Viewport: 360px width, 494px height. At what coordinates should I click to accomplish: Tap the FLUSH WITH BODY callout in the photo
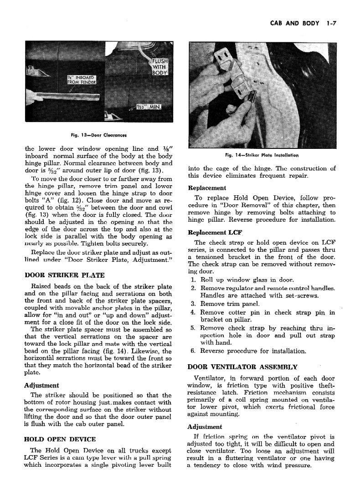pyautogui.click(x=160, y=66)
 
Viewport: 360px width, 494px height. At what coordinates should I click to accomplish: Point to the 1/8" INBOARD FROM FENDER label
pyautogui.click(x=81, y=80)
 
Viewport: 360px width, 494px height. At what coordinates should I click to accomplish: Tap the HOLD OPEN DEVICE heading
pyautogui.click(x=60, y=439)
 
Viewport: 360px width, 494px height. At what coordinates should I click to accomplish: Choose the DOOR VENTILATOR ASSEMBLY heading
pyautogui.click(x=242, y=367)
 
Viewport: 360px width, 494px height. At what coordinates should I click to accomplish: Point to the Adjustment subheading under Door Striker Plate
pyautogui.click(x=41, y=385)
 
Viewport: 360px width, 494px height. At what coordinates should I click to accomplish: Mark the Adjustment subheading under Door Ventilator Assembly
pyautogui.click(x=205, y=427)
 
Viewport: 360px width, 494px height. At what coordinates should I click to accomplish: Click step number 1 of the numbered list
pyautogui.click(x=193, y=280)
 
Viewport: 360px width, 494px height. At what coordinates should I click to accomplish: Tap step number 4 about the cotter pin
pyautogui.click(x=193, y=312)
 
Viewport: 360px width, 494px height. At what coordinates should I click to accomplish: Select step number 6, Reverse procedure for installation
pyautogui.click(x=193, y=351)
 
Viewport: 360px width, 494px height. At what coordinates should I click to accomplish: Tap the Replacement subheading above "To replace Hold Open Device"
pyautogui.click(x=207, y=188)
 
